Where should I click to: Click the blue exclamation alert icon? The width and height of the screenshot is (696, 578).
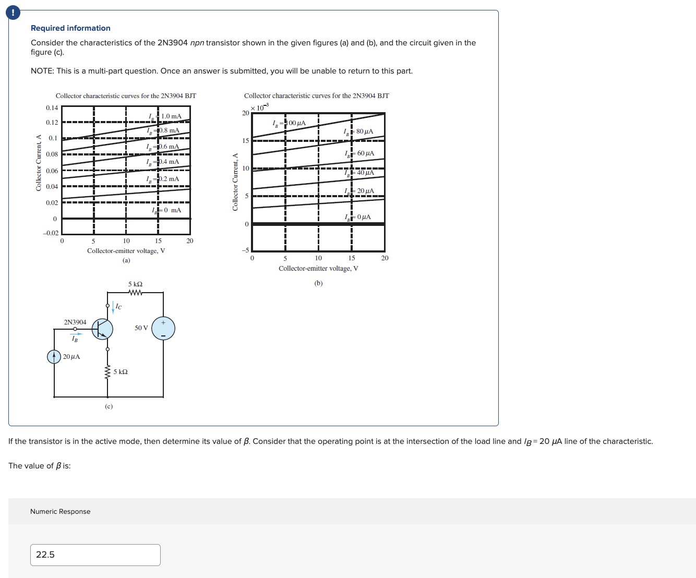point(13,13)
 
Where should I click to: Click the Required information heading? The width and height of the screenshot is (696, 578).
point(70,28)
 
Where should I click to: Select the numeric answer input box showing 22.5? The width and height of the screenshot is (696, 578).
point(95,555)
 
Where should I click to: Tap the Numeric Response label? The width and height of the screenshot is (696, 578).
point(60,511)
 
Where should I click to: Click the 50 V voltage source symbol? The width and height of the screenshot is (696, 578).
point(163,329)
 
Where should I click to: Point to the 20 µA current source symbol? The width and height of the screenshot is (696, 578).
point(54,356)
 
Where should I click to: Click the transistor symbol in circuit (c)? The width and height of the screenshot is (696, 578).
point(103,329)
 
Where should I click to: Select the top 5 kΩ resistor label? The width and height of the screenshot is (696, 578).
point(135,284)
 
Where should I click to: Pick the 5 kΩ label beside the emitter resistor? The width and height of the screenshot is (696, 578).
point(121,372)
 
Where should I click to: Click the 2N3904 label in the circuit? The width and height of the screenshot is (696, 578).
point(75,322)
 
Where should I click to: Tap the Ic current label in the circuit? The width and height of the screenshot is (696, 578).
point(118,307)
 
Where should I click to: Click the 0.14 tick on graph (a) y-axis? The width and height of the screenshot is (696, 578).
point(52,108)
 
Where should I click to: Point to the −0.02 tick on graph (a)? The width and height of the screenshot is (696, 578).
point(51,233)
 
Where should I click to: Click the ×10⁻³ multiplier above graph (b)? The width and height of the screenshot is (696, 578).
point(259,107)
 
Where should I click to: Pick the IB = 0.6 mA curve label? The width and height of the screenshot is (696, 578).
point(163,147)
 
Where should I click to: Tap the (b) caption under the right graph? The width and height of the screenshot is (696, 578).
point(318,283)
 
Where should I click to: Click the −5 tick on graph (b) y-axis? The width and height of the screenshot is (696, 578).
point(245,250)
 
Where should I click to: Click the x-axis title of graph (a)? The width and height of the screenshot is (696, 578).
point(126,251)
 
